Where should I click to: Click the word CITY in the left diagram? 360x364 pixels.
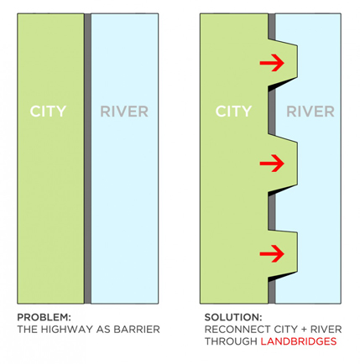tap(48, 112)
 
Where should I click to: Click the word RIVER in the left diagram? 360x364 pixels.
tap(124, 112)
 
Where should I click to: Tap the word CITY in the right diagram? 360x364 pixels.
tap(233, 112)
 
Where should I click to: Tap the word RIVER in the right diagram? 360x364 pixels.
tap(310, 112)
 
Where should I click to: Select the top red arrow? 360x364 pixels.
tap(272, 63)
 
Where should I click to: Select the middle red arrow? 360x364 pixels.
tap(272, 164)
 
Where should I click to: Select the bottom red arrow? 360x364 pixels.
tap(272, 254)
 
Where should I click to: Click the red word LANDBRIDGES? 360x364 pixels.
tap(299, 341)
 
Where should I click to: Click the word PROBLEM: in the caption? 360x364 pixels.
tap(44, 317)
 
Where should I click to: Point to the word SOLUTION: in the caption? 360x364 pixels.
tap(233, 317)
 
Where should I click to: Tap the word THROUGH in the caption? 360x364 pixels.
tap(231, 341)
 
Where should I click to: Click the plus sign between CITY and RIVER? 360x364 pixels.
tap(304, 330)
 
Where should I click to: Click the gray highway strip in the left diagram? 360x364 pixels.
tap(87, 159)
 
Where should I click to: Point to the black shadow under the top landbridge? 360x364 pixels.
tap(279, 85)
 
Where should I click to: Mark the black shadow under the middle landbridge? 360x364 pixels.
tap(279, 190)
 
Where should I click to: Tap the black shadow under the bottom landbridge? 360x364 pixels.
tap(279, 278)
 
